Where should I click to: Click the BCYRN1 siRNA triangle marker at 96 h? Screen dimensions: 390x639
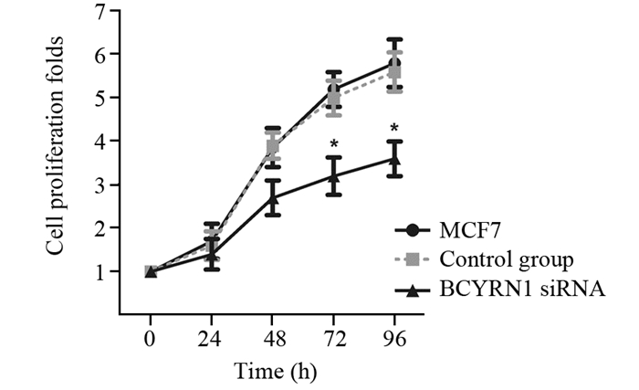tap(394, 159)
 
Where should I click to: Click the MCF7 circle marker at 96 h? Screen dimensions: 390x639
tap(394, 63)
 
